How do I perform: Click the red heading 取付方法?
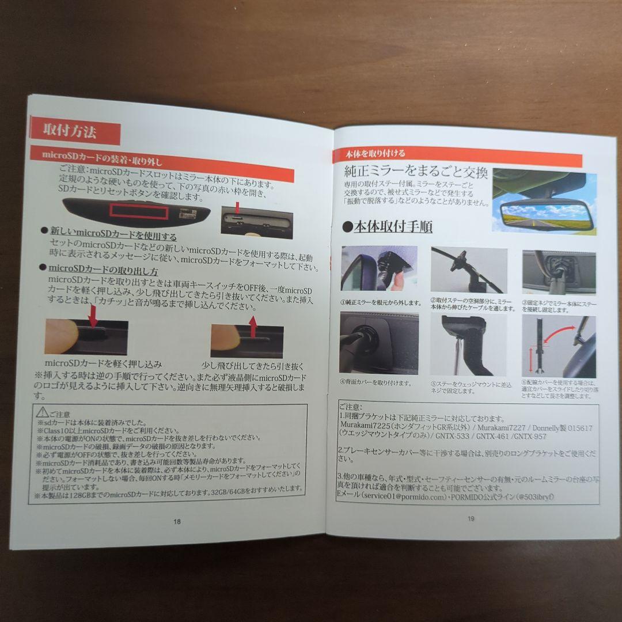(70, 131)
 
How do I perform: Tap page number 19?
(471, 518)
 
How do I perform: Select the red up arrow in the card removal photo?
(252, 325)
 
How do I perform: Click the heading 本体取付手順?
(392, 226)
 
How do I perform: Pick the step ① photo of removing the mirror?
(379, 269)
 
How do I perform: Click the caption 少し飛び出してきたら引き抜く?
(252, 366)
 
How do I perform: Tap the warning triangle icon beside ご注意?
(43, 412)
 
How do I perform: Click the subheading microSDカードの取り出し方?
(104, 269)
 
